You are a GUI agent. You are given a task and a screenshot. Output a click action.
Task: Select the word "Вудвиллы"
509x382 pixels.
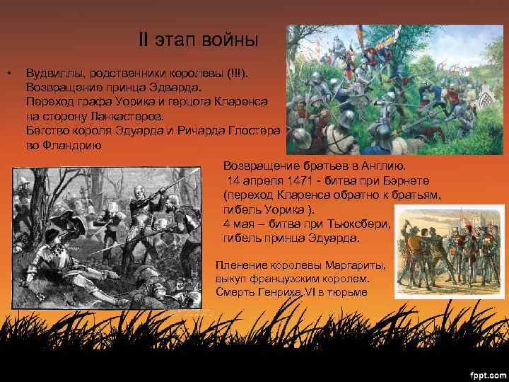[52, 74]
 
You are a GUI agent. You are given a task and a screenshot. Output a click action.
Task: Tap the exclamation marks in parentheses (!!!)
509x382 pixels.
[233, 74]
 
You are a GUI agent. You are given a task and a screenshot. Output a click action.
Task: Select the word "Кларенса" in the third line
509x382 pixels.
[240, 102]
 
